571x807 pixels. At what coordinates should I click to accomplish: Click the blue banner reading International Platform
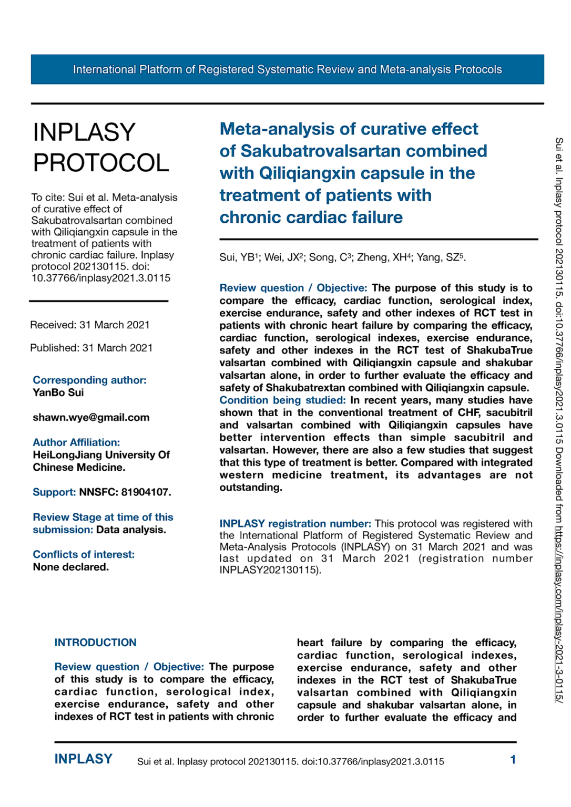287,69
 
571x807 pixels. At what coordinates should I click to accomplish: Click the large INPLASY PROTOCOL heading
101,147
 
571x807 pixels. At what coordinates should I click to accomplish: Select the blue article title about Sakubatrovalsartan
353,173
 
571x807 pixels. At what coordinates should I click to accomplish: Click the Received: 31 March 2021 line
90,325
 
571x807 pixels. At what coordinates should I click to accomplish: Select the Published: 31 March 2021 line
91,348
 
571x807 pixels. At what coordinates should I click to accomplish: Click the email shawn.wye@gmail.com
91,418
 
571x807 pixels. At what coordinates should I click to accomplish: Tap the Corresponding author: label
89,380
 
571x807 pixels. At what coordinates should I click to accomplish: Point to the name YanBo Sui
58,392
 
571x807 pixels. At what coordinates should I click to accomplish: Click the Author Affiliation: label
76,442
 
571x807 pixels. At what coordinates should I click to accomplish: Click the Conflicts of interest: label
84,554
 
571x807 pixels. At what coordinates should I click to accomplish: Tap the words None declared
70,567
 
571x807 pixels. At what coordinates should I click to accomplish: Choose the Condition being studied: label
282,400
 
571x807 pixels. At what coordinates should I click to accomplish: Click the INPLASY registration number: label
295,524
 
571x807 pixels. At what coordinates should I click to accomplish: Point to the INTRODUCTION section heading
95,643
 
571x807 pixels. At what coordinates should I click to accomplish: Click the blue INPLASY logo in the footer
84,759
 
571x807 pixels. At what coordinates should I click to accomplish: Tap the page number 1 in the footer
513,760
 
